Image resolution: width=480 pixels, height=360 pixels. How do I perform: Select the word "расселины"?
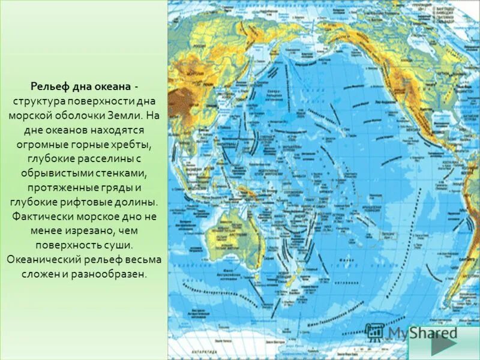click(106, 158)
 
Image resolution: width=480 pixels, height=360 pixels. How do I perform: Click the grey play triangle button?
click(443, 344)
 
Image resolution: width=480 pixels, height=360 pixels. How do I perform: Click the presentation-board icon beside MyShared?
click(374, 332)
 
